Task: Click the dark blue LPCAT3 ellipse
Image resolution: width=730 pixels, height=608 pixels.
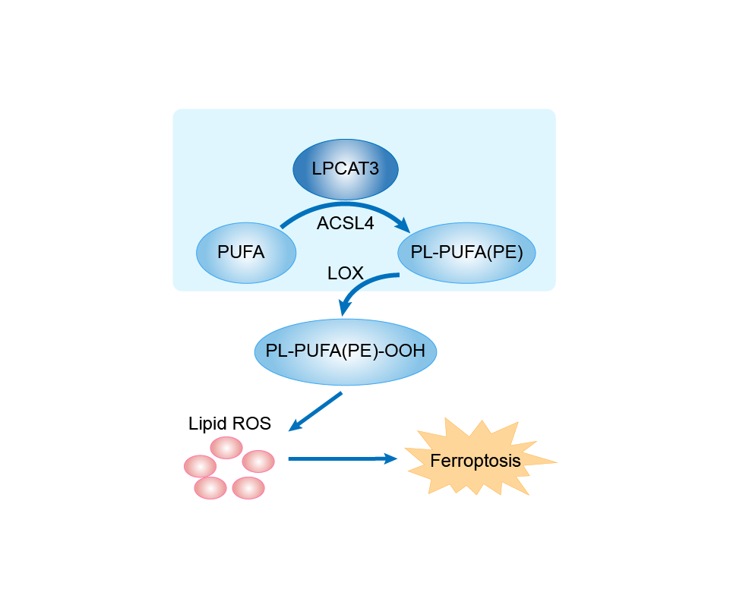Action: tap(345, 168)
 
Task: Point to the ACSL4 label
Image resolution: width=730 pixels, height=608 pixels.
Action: tap(345, 224)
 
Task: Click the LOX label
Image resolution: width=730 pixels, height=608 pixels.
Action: tap(346, 272)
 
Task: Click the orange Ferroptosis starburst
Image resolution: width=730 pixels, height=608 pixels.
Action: tap(476, 460)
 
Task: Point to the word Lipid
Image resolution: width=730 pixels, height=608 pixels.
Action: tap(207, 424)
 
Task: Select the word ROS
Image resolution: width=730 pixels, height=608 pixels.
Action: tap(251, 424)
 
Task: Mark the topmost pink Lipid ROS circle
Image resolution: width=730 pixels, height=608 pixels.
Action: tap(226, 447)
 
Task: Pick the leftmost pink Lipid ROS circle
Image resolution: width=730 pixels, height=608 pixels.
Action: tap(200, 465)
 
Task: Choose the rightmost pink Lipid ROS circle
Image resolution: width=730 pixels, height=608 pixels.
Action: tap(258, 461)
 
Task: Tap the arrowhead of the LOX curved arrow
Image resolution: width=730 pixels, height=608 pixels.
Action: tap(345, 307)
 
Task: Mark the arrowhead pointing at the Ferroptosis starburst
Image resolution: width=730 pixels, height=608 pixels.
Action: tap(390, 458)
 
